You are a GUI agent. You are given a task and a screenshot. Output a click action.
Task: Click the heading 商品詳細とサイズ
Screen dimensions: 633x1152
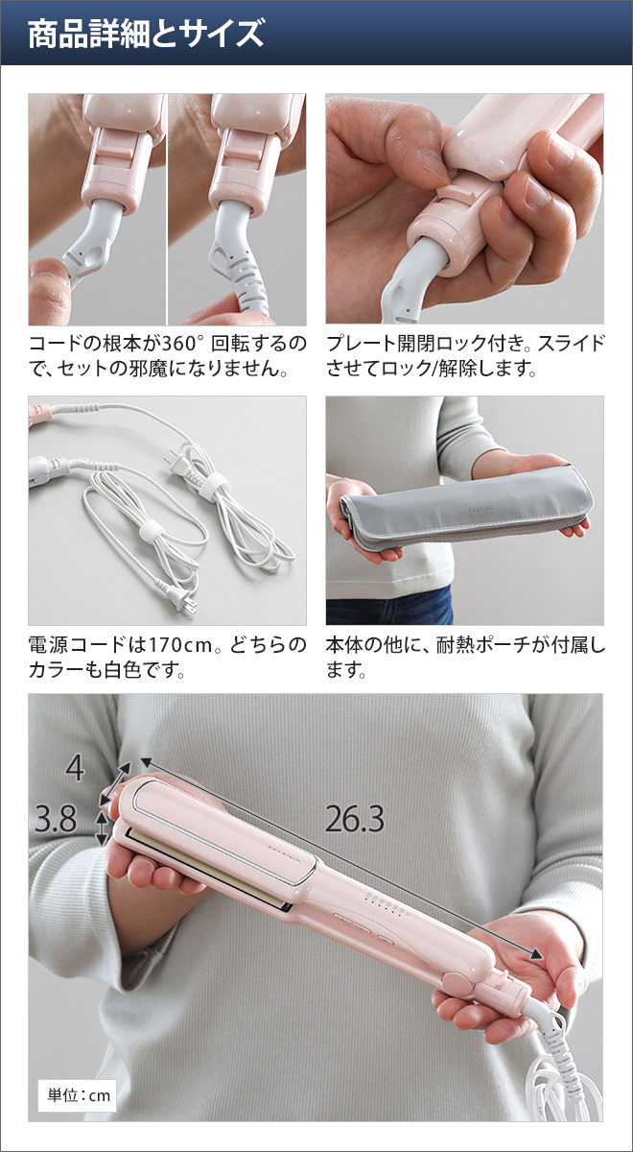click(146, 34)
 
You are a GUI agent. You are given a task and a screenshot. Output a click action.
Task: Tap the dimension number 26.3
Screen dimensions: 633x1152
click(355, 819)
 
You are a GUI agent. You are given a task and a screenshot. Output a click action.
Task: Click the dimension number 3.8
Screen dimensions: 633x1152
click(56, 819)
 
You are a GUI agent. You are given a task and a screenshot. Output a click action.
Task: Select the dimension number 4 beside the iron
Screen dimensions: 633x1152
click(75, 769)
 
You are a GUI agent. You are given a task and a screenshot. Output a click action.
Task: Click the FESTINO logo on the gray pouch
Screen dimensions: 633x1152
click(481, 508)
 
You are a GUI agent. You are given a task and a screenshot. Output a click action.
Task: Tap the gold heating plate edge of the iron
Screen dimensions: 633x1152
click(207, 868)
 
